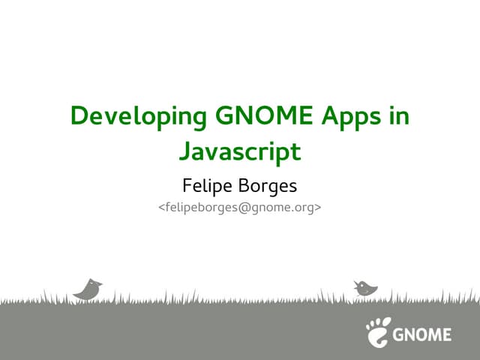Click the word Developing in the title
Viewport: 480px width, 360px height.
tap(139, 118)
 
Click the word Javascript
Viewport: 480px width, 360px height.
tap(240, 152)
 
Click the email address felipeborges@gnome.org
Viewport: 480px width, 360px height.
tap(240, 206)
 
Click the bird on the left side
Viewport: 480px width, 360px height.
tap(87, 289)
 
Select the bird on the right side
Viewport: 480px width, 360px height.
tap(365, 287)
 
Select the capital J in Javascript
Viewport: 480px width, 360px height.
tap(184, 152)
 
